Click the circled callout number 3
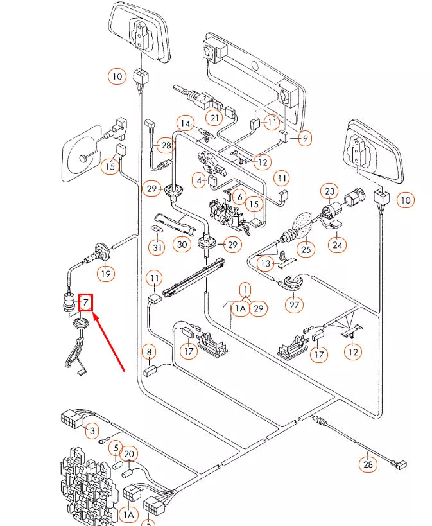(92, 430)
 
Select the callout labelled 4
(199, 182)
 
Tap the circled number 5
(115, 448)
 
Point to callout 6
(239, 197)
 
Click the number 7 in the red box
(85, 302)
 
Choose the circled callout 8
(149, 352)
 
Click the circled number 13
(266, 264)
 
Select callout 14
(186, 123)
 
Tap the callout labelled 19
(106, 274)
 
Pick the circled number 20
(129, 455)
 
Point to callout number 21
(215, 118)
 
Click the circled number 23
(329, 191)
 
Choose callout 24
(337, 244)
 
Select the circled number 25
(306, 248)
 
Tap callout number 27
(295, 304)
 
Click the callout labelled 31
(157, 247)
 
